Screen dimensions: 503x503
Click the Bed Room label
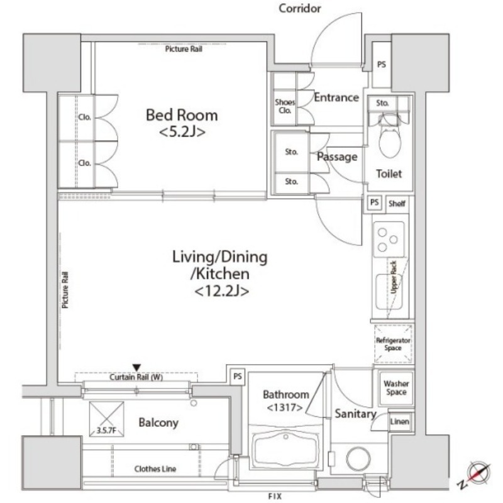(x=182, y=115)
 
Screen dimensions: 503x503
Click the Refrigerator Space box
(x=393, y=344)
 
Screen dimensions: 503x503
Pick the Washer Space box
(x=396, y=388)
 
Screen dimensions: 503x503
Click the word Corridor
(x=300, y=8)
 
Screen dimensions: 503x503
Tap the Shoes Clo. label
(x=285, y=106)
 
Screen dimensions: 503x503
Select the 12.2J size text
(x=222, y=291)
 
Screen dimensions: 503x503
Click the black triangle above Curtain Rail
(x=136, y=368)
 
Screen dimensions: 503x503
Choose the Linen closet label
(x=399, y=421)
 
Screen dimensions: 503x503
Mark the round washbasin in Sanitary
(x=358, y=459)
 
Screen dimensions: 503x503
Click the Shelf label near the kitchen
(x=397, y=203)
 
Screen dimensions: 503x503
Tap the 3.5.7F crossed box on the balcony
(x=107, y=419)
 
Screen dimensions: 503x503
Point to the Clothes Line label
(x=155, y=469)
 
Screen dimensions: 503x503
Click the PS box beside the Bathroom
(x=238, y=376)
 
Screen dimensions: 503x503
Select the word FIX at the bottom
(x=275, y=497)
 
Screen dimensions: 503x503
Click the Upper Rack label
(x=394, y=277)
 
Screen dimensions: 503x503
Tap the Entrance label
(x=336, y=97)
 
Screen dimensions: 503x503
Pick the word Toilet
(x=389, y=174)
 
